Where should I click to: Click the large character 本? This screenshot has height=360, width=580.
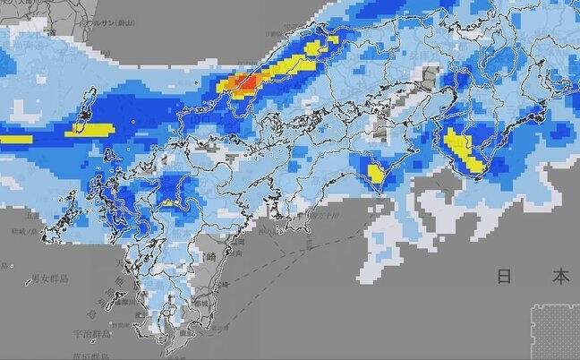pos(560,277)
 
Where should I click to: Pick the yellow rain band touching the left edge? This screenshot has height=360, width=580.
pos(15,139)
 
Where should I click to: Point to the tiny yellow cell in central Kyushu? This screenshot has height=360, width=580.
pos(168,201)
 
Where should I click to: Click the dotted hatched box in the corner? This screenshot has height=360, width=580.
pos(555,331)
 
